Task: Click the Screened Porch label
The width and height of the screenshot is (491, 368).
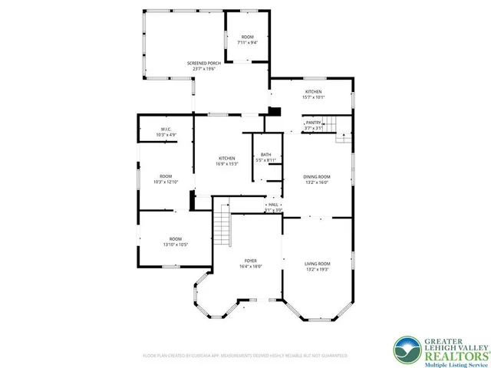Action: click(203, 63)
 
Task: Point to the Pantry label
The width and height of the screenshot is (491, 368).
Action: click(313, 122)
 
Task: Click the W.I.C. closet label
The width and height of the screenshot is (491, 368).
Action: click(166, 128)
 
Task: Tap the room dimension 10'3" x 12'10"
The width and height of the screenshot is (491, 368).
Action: click(166, 182)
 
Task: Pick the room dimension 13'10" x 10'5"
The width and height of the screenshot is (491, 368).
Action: click(176, 245)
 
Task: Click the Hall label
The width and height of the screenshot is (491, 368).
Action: click(273, 205)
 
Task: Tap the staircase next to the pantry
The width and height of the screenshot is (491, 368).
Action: click(330, 122)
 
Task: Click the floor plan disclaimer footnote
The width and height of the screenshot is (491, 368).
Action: click(245, 356)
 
